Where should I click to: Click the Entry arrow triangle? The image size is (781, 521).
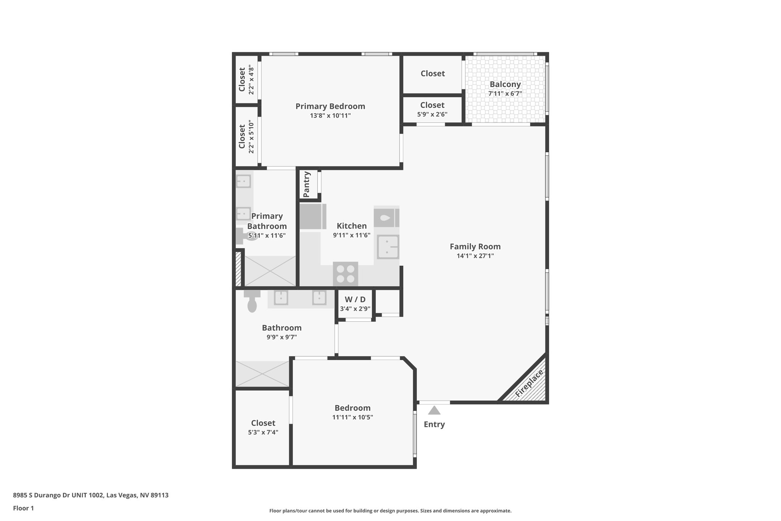[434, 410]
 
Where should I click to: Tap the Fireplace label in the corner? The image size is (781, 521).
[529, 384]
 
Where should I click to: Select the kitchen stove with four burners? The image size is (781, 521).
[346, 274]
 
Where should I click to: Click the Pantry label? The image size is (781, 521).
[306, 184]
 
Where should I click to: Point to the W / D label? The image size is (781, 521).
[355, 300]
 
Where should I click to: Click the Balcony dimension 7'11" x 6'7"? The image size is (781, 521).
[505, 94]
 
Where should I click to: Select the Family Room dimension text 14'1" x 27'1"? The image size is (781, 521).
[475, 256]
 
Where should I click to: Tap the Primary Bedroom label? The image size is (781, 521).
[330, 106]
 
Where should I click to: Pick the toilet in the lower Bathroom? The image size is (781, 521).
[252, 302]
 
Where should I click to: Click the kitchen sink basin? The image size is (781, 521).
[388, 247]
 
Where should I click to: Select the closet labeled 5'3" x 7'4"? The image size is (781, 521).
[263, 427]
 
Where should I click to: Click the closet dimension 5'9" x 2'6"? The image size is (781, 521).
[432, 114]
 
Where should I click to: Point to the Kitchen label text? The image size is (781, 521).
[352, 226]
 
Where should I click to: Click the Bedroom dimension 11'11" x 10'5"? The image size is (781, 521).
[352, 417]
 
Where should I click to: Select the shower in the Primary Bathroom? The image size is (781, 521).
[270, 271]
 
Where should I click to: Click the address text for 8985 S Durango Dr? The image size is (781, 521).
[91, 495]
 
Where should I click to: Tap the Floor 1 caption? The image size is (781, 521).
[24, 508]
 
